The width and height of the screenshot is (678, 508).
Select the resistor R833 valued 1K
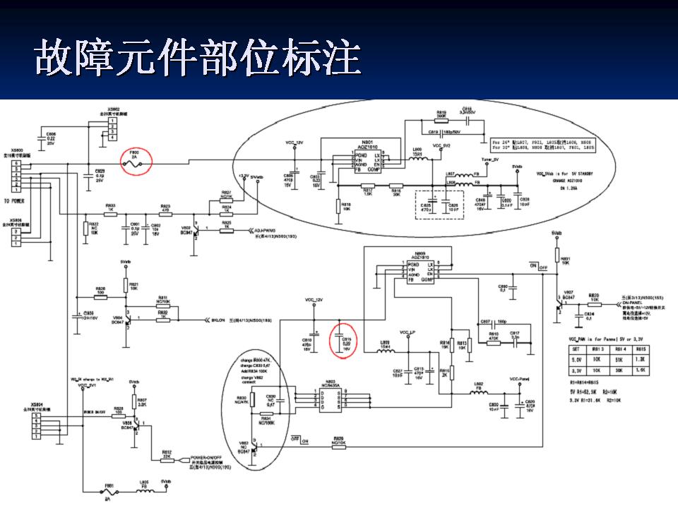(x=111, y=212)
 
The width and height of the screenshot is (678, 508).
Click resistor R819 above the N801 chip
(x=441, y=118)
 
